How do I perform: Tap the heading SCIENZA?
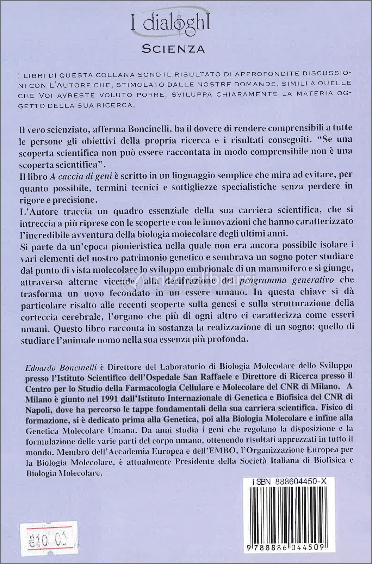tap(173, 49)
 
